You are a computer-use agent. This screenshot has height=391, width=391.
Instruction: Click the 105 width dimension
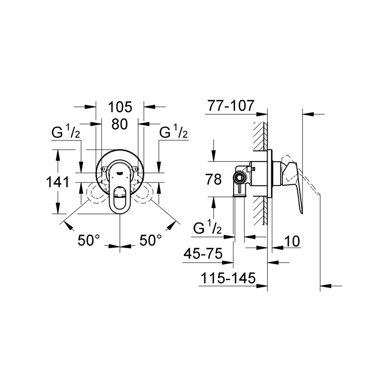point(120,107)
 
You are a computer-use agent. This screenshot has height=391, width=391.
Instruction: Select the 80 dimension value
point(120,124)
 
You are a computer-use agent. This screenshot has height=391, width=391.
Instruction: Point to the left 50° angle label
point(89,240)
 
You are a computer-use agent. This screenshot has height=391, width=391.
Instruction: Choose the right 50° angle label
point(150,240)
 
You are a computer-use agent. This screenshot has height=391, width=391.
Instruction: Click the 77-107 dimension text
point(231,106)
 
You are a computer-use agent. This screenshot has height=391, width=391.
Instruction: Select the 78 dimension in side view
point(213,179)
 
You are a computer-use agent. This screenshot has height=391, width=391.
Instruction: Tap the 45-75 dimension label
point(203,254)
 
